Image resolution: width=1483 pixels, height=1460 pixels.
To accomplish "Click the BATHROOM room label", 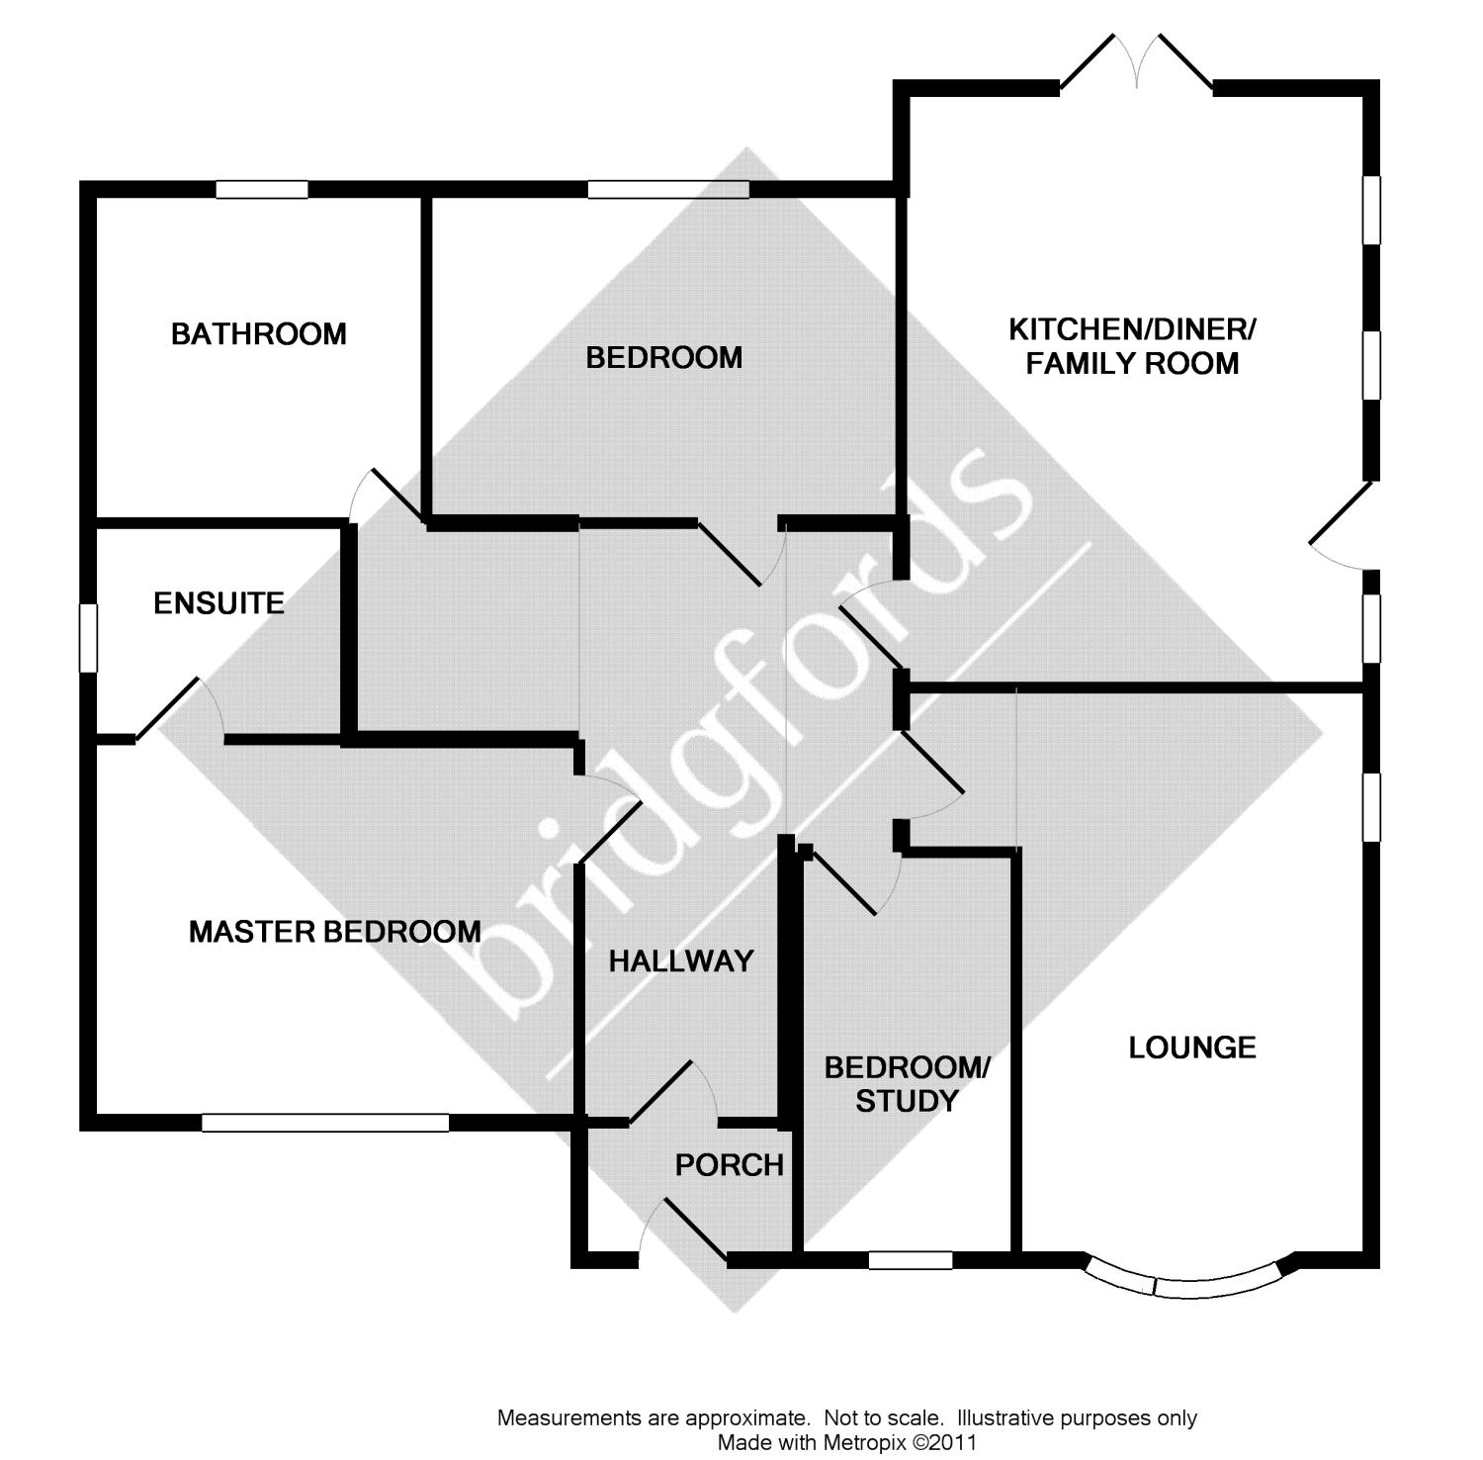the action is pos(259,334).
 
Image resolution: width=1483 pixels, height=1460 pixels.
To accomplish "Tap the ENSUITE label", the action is pos(218,602).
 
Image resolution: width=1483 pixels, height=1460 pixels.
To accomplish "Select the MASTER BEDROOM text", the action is pos(334,931).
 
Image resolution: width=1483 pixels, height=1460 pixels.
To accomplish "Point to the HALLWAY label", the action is pos(681,960).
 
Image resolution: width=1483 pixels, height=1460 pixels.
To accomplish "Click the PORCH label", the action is pos(729,1165).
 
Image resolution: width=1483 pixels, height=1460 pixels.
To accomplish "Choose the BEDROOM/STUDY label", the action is pos(907,1084).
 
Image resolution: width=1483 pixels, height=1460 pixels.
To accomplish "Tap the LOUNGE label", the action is pos(1192,1048).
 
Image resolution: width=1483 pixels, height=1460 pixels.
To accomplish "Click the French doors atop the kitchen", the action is pos(1137,64).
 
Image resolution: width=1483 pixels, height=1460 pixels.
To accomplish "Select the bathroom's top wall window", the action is pos(262,189).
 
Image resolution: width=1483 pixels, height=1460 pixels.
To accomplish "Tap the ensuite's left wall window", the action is pos(88,638).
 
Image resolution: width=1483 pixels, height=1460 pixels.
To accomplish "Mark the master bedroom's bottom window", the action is pos(325,1123).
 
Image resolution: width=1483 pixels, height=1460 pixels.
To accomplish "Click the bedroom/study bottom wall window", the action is pos(911,1260).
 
